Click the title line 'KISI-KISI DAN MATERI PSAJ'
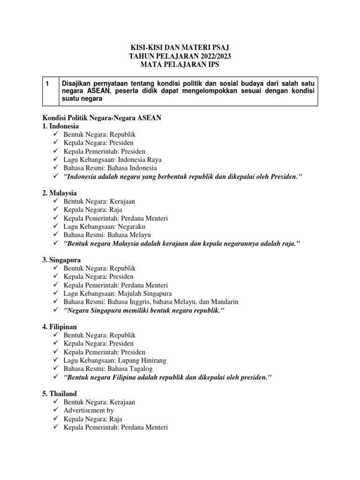(x=180, y=48)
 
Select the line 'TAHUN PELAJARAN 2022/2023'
(x=180, y=56)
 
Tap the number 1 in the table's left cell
(x=47, y=83)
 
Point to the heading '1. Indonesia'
(x=61, y=127)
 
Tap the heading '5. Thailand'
(x=60, y=394)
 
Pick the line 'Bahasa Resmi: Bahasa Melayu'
(x=107, y=235)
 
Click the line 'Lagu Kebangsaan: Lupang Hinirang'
(x=115, y=360)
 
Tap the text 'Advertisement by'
(x=89, y=411)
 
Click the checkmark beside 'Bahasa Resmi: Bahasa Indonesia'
(x=56, y=168)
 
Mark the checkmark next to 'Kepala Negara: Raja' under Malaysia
(x=56, y=210)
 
